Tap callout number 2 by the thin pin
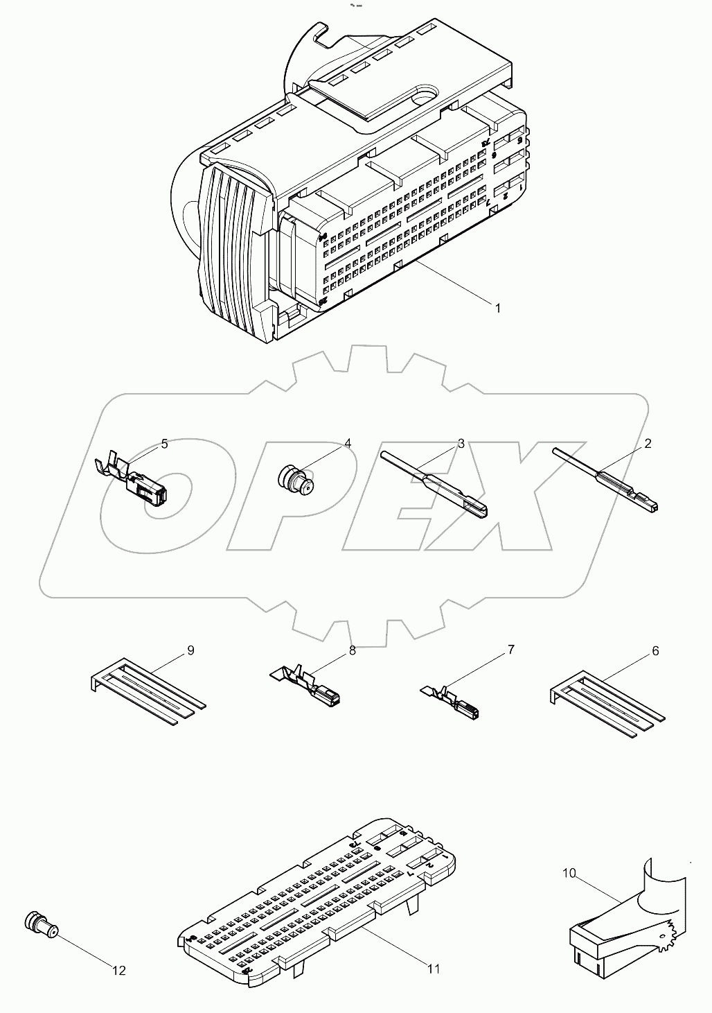tap(648, 444)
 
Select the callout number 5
tap(164, 444)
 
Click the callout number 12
tap(119, 971)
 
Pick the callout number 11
tap(433, 969)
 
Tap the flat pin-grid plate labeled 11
tap(319, 908)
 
